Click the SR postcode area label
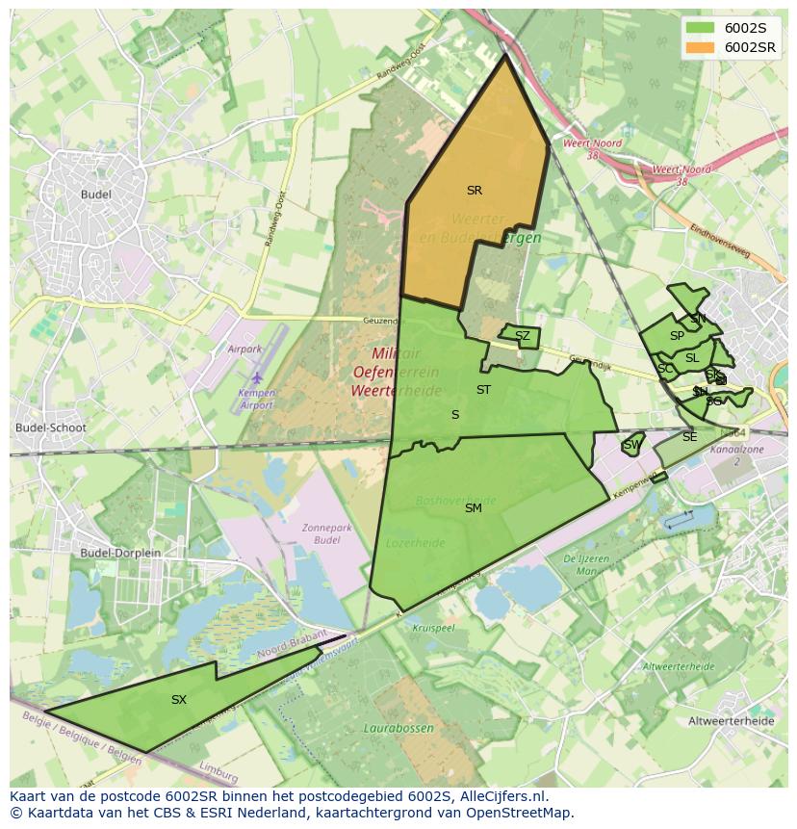(474, 191)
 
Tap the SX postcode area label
(179, 700)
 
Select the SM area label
(473, 508)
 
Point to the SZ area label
(522, 336)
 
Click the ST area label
(483, 390)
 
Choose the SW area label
(631, 445)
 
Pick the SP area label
(677, 336)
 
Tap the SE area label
(689, 437)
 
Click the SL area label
(692, 358)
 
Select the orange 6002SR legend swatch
(701, 47)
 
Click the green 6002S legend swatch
(701, 28)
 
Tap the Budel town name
(96, 194)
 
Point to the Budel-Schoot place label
(51, 428)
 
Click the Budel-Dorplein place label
(120, 553)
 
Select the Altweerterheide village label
(732, 720)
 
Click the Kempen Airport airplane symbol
(257, 378)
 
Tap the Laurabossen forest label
(398, 729)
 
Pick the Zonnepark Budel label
(321, 533)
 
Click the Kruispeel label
(432, 627)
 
